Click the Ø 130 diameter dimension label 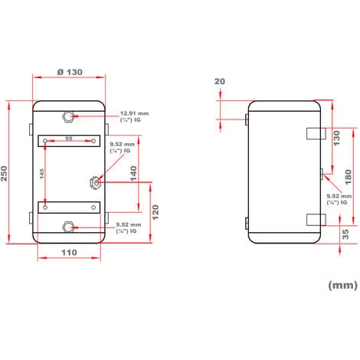68,71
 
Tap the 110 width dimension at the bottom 68,252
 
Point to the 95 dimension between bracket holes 69,139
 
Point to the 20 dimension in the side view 221,82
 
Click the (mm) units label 342,285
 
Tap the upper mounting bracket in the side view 314,133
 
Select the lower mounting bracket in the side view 314,220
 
